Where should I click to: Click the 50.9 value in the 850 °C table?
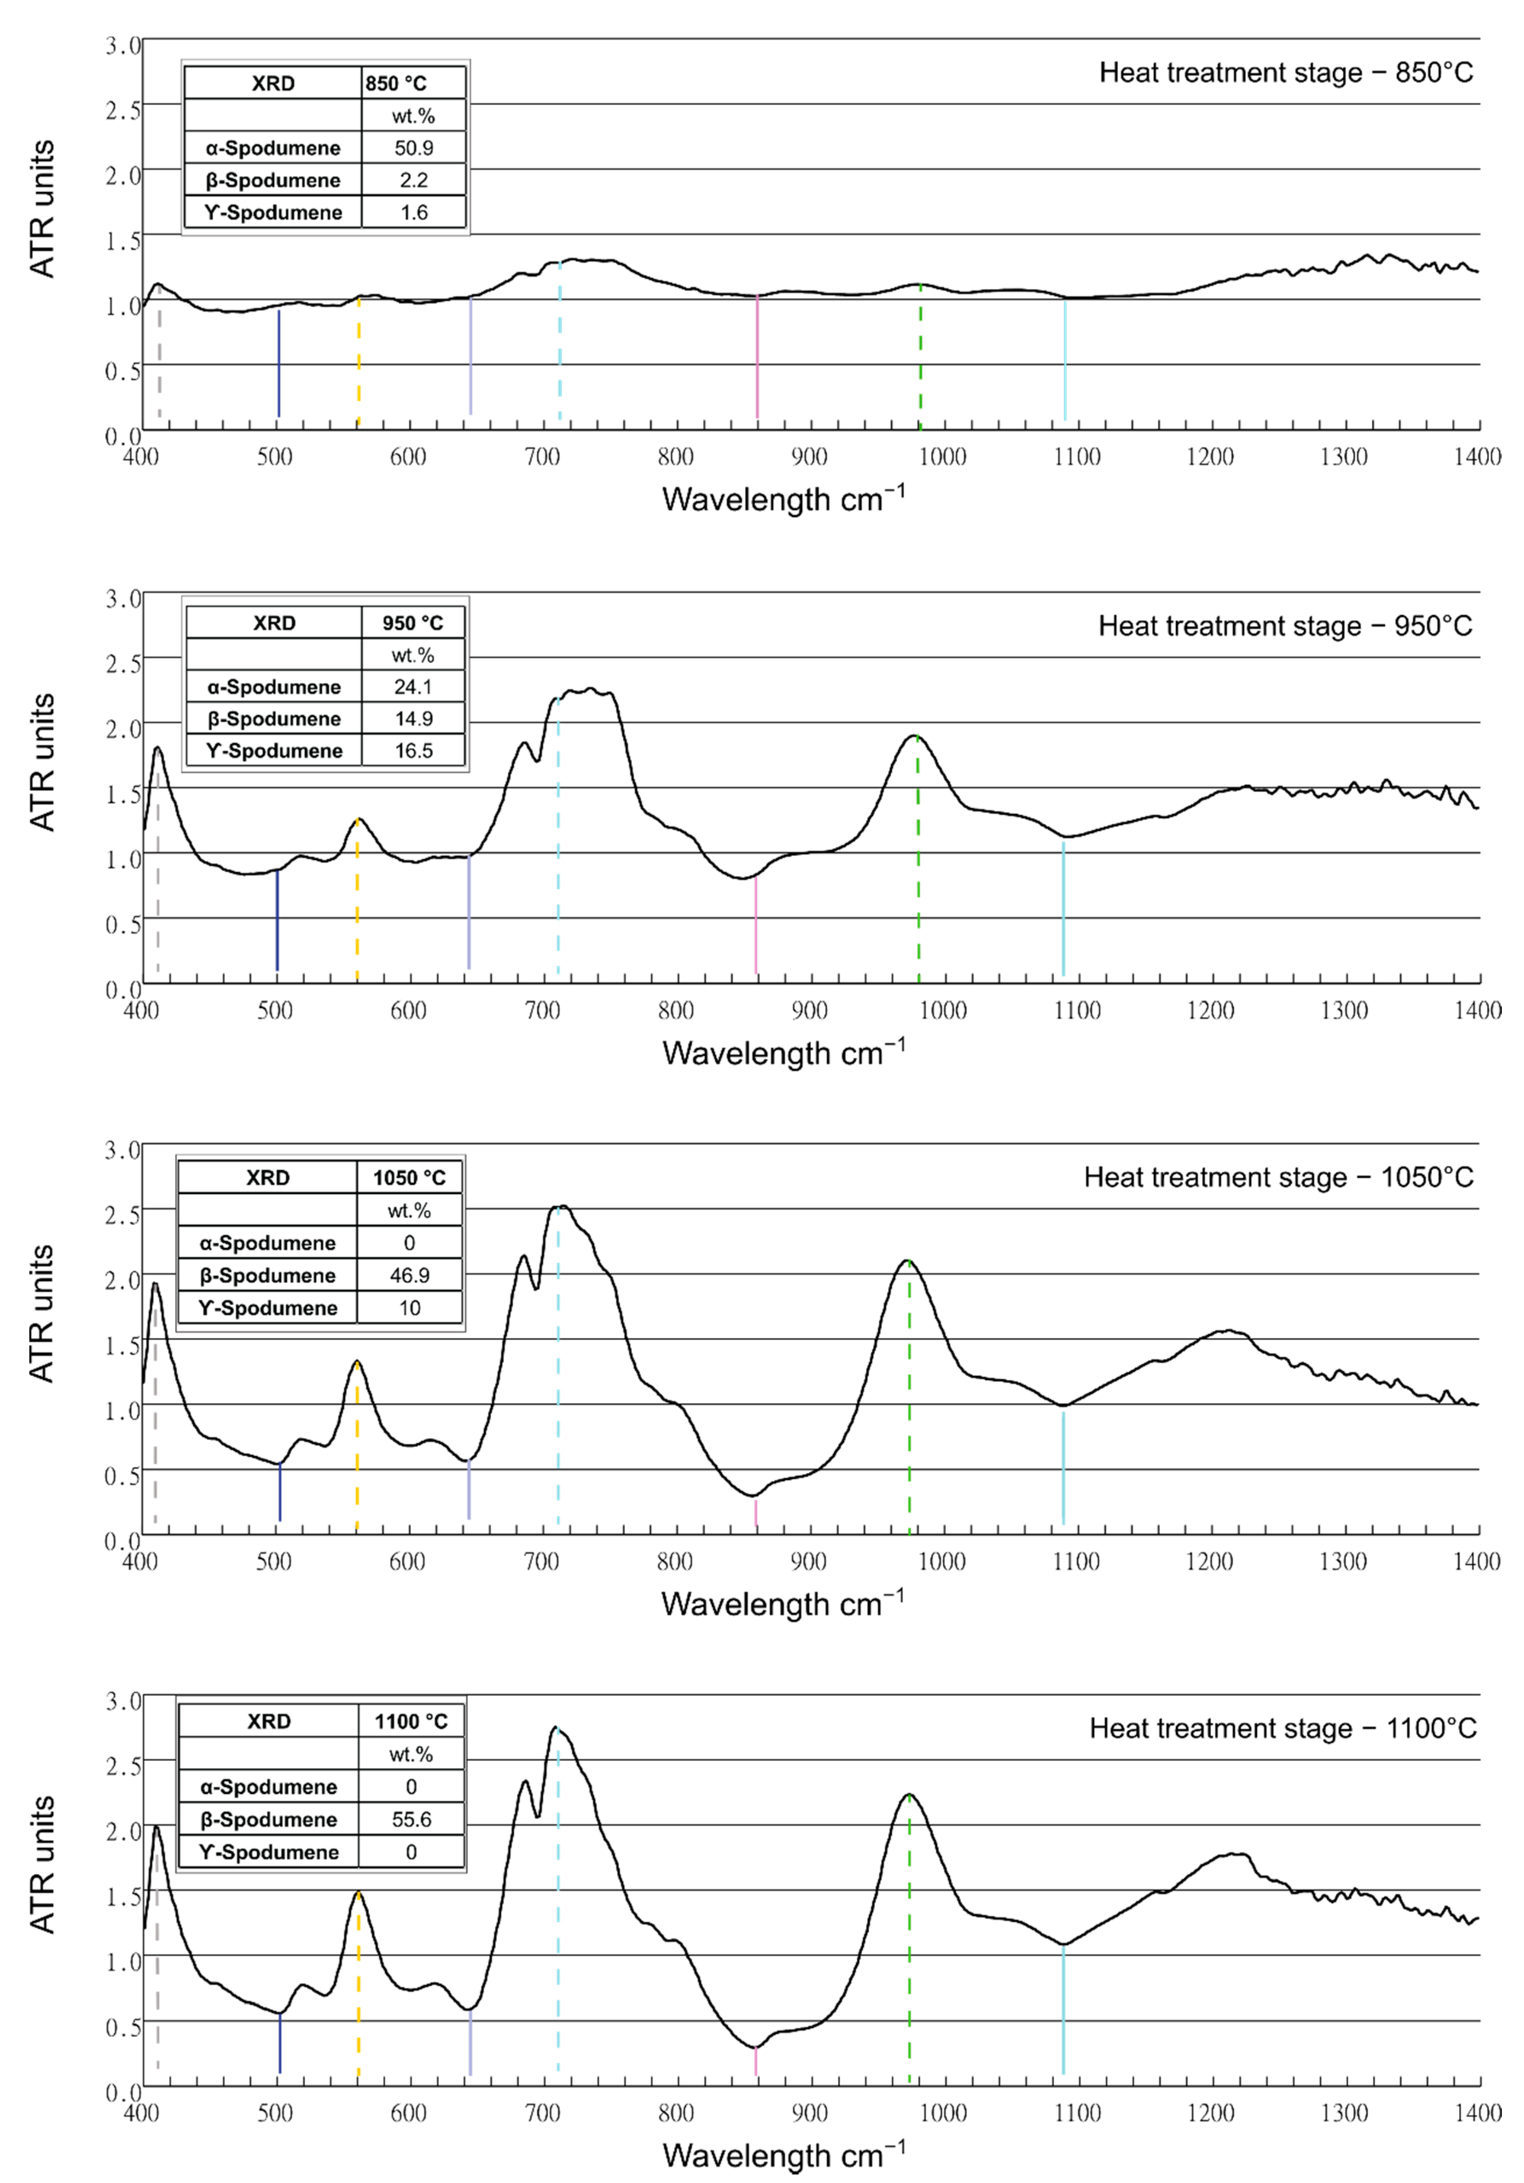(414, 147)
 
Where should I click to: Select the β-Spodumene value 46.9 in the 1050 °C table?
(410, 1275)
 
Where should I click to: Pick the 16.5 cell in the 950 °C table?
(414, 750)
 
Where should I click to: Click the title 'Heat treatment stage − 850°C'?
(1286, 73)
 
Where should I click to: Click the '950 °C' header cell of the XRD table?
(412, 623)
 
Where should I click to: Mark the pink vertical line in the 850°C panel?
(757, 361)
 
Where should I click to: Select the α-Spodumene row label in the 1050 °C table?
(267, 1243)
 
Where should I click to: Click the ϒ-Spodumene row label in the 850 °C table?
(273, 212)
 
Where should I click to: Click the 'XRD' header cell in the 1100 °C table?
(269, 1721)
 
